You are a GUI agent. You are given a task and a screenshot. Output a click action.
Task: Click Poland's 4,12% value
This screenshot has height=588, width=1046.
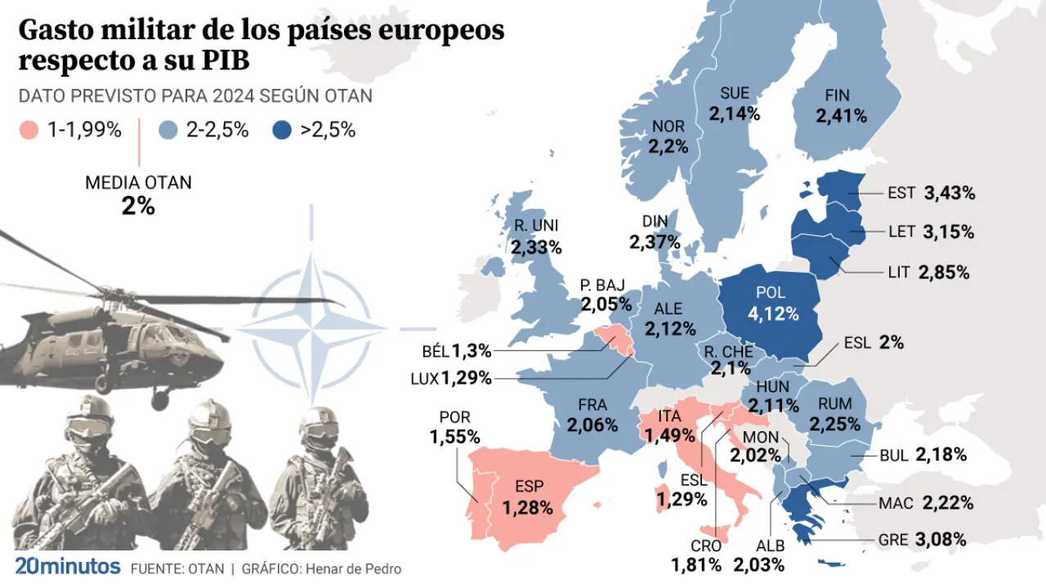click(772, 313)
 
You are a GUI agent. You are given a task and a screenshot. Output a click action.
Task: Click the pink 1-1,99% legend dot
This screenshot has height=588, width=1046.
click(29, 130)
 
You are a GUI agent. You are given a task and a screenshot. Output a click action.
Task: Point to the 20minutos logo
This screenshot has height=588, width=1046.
click(68, 567)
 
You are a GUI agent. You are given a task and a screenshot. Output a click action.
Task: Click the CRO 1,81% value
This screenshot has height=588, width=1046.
click(696, 564)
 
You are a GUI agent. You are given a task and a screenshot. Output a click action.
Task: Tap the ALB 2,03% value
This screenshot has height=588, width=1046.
click(759, 564)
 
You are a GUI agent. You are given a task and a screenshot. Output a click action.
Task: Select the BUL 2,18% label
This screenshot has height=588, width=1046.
click(923, 455)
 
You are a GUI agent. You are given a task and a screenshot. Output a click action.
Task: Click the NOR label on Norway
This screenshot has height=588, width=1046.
click(668, 127)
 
